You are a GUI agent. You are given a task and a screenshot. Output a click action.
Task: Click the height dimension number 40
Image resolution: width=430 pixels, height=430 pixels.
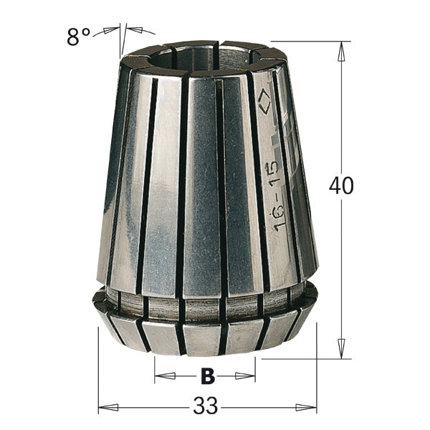342,186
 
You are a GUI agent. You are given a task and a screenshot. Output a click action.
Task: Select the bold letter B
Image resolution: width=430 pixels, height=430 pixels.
206,375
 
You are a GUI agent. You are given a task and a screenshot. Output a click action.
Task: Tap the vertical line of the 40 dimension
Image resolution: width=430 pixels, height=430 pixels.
342,272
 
